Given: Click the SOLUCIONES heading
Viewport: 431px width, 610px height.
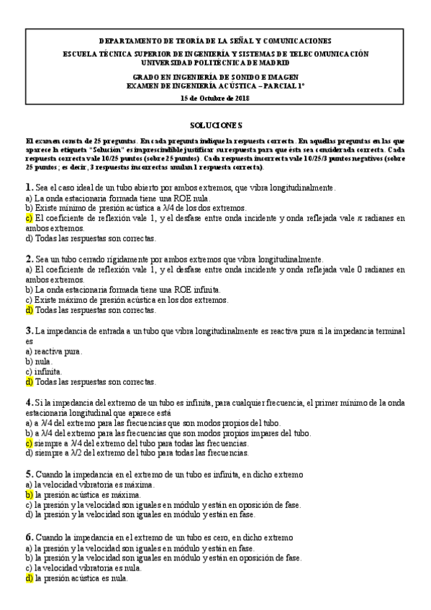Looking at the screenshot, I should click(x=215, y=124).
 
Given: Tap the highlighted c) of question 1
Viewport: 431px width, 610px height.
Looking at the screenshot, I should click(x=29, y=217).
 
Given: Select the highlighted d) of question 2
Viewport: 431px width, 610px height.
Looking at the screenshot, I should click(x=29, y=310).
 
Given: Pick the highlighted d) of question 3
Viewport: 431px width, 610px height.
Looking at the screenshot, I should click(x=29, y=382).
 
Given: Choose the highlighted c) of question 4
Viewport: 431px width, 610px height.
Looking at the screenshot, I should click(x=29, y=443).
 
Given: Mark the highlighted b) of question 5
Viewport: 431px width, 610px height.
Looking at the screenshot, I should click(x=29, y=495).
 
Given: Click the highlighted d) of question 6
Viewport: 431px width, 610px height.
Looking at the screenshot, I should click(x=29, y=578).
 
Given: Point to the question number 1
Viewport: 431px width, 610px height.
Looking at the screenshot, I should click(x=28, y=187).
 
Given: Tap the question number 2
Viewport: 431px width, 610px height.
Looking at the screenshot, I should click(x=28, y=258).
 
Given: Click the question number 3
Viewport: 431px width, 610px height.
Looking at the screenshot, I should click(x=28, y=330).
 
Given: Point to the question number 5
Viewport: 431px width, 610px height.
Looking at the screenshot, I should click(x=28, y=474).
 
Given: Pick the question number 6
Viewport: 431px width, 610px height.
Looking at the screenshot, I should click(x=28, y=537).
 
